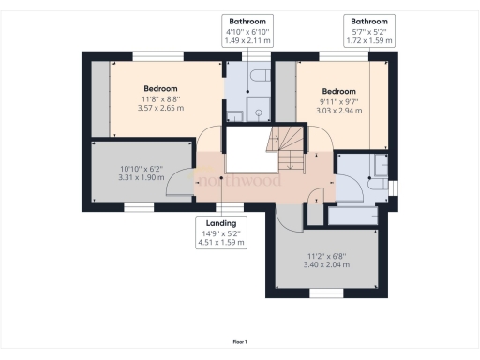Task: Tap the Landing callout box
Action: click(221, 232)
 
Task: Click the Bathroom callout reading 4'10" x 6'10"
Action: click(248, 31)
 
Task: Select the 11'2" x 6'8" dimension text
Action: click(326, 259)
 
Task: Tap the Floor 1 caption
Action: click(240, 342)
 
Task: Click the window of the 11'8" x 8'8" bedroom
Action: click(157, 56)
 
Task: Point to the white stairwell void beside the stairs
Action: click(247, 149)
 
